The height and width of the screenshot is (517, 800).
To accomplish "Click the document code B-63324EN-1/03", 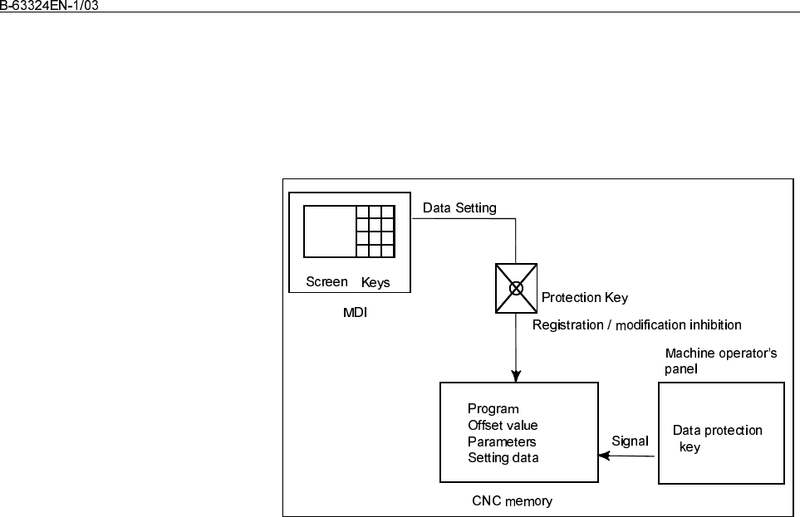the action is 49,6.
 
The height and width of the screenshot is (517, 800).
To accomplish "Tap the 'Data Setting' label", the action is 459,208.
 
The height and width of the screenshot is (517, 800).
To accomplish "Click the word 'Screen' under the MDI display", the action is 326,282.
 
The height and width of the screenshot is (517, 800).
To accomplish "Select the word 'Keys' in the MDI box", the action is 375,282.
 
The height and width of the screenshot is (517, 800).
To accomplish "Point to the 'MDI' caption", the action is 355,313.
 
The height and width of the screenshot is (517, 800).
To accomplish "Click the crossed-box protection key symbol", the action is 516,289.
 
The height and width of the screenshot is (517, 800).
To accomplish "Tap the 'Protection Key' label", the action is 585,298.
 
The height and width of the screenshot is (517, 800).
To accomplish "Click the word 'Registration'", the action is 568,324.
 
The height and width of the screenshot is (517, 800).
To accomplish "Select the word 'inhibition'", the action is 716,324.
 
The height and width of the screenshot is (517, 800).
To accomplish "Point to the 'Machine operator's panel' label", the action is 721,361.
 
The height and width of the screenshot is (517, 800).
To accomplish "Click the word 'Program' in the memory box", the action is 493,409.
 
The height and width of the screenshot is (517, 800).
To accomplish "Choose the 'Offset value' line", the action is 503,425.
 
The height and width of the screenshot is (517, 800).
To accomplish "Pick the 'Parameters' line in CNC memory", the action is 502,441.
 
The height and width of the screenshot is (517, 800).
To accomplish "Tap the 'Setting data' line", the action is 503,458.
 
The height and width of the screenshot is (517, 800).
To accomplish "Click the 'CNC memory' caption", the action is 513,501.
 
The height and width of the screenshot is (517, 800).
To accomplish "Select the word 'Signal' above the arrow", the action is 630,441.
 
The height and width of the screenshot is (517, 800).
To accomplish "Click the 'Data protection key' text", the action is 718,438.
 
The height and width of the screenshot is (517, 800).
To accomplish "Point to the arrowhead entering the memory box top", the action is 516,376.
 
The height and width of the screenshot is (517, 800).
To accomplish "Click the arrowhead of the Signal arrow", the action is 604,456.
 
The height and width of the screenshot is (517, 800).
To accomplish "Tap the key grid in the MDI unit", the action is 375,232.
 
